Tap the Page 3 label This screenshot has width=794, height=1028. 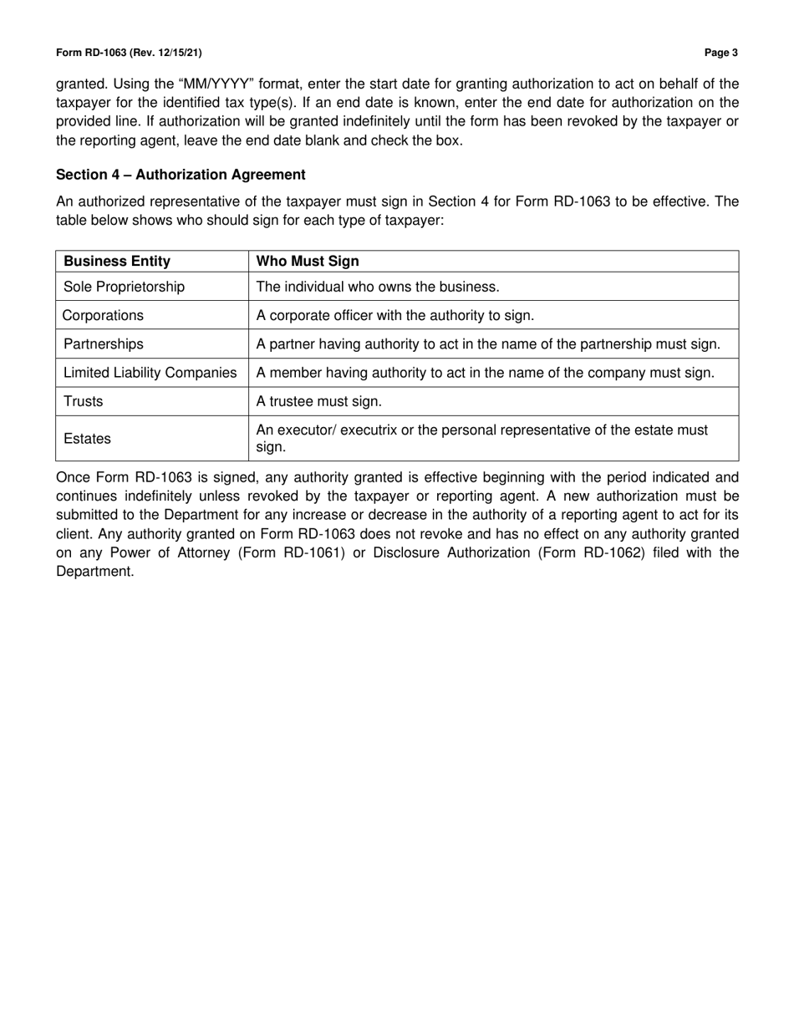[x=720, y=53]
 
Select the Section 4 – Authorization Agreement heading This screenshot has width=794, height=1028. [x=181, y=175]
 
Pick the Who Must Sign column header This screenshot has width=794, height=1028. [x=308, y=262]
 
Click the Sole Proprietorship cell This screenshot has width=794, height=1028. [x=124, y=287]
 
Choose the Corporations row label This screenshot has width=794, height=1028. [x=103, y=315]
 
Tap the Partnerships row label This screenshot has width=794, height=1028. [x=104, y=344]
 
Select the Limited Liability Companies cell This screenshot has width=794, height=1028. [x=150, y=373]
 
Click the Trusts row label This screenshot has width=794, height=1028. [x=84, y=401]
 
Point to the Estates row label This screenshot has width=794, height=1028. [x=87, y=439]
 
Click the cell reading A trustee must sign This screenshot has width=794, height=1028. [x=318, y=401]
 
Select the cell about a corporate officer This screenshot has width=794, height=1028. [x=394, y=315]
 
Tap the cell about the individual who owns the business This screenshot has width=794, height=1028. [x=378, y=287]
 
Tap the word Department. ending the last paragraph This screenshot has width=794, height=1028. [x=94, y=572]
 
